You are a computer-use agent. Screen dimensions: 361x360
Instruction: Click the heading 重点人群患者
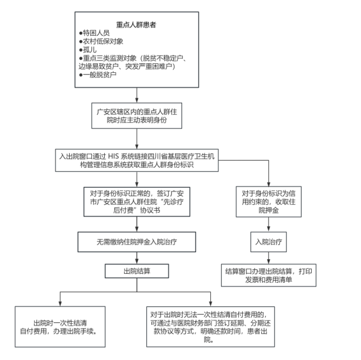coord(136,25)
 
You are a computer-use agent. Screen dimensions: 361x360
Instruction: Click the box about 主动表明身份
coord(137,116)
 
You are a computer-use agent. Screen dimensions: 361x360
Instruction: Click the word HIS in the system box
coord(113,156)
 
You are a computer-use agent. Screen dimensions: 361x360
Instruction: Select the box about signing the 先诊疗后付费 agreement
coord(137,202)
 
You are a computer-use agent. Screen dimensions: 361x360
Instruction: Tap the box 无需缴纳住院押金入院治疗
coord(137,242)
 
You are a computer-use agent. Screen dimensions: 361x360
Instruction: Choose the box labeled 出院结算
coord(137,271)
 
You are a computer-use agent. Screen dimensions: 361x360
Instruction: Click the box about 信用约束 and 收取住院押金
coord(269,202)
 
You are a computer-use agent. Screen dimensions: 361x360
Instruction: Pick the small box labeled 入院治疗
coord(269,242)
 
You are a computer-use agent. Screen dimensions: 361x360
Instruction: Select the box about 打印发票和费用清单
coord(269,275)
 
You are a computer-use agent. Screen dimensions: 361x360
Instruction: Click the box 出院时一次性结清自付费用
coord(60,327)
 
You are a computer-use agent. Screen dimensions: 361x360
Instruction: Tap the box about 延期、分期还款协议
coord(210,327)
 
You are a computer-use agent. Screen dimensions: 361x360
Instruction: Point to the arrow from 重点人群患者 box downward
coord(137,95)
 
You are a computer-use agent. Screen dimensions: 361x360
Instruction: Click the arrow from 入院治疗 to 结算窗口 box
coord(269,258)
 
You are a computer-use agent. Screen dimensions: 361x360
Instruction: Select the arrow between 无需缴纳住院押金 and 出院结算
coord(137,258)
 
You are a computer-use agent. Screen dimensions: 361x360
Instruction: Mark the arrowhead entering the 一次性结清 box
coord(60,304)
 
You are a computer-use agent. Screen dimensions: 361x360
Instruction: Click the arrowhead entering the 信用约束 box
coord(269,184)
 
